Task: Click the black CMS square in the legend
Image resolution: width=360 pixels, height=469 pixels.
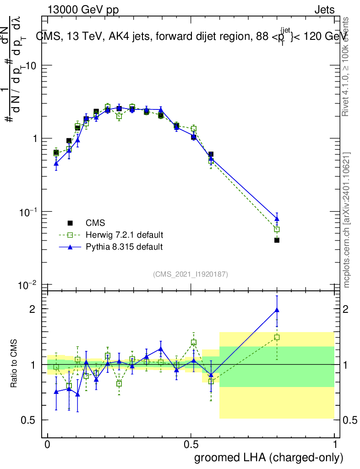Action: click(x=70, y=223)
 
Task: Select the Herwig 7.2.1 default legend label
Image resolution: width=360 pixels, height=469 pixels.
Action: click(x=125, y=235)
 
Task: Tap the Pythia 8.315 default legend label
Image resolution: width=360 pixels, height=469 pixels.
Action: click(x=124, y=247)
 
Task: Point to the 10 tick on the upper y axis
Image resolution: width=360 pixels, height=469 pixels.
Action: click(x=31, y=65)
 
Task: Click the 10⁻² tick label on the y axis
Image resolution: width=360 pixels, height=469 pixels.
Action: click(x=29, y=285)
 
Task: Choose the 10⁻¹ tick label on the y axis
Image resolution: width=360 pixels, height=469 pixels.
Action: click(x=29, y=212)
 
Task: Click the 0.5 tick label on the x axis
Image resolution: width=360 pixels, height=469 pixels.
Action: click(x=191, y=445)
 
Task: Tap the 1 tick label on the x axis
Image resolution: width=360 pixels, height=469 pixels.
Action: click(x=335, y=445)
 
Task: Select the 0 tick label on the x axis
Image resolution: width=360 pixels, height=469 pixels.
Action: click(x=47, y=445)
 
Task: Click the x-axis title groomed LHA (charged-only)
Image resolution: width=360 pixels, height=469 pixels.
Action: click(x=269, y=458)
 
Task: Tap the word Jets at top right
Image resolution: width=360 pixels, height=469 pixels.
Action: click(x=324, y=10)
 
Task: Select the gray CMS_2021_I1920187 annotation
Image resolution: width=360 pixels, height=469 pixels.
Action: click(x=191, y=274)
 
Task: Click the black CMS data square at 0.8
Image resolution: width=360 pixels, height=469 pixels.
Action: click(x=277, y=240)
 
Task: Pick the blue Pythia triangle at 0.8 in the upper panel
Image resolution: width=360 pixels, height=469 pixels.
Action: click(x=277, y=218)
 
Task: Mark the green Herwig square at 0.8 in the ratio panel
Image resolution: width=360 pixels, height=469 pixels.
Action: click(x=277, y=338)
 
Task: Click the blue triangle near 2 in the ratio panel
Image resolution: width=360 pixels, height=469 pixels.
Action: click(x=277, y=310)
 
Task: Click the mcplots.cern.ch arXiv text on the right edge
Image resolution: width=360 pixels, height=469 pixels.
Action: click(x=347, y=220)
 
